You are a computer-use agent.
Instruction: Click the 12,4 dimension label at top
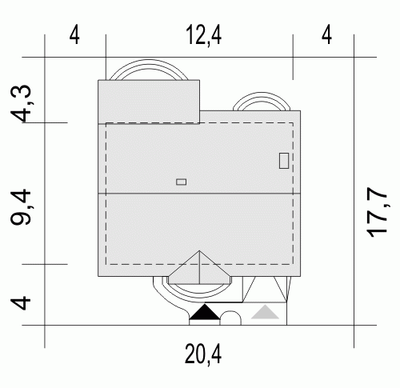click(204, 35)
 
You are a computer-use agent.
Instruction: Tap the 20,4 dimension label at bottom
click(203, 354)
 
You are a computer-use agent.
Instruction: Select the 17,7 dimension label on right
click(378, 212)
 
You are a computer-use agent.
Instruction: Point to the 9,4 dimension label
click(21, 207)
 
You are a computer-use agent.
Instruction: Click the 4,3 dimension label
click(21, 103)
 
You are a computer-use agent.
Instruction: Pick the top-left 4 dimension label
click(74, 35)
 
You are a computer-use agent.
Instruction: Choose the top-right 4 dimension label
click(326, 35)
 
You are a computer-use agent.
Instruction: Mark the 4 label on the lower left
click(21, 302)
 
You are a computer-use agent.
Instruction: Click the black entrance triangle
click(205, 312)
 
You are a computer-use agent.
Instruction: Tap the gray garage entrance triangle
click(265, 312)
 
